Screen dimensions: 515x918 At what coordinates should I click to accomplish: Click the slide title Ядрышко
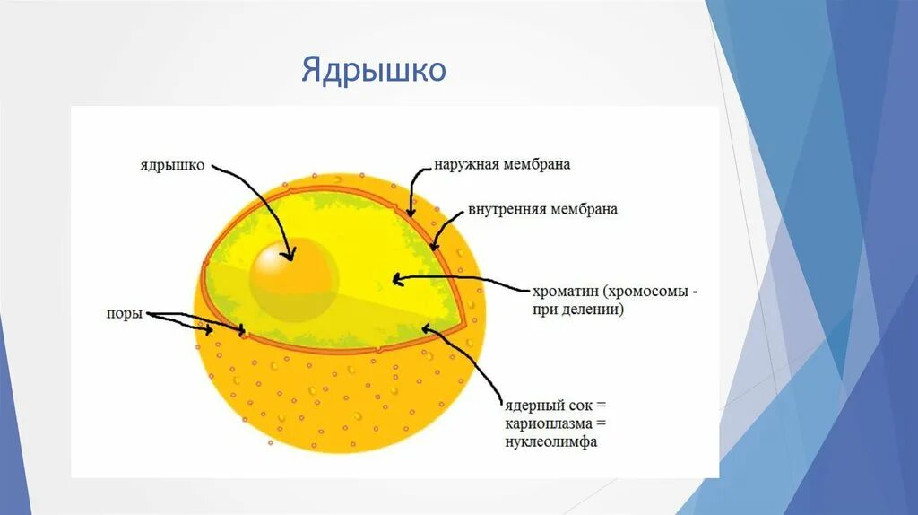pyautogui.click(x=373, y=70)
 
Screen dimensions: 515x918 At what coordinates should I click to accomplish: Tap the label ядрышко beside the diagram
pyautogui.click(x=172, y=166)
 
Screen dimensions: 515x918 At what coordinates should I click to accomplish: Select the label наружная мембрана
pyautogui.click(x=502, y=165)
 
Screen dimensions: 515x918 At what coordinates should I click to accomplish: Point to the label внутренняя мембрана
pyautogui.click(x=542, y=210)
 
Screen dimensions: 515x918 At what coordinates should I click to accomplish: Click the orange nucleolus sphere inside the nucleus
pyautogui.click(x=293, y=275)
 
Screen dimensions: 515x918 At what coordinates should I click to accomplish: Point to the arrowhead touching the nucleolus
pyautogui.click(x=289, y=257)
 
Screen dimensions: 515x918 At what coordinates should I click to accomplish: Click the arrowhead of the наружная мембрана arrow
pyautogui.click(x=411, y=213)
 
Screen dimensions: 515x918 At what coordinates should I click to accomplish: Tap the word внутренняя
pyautogui.click(x=506, y=210)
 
